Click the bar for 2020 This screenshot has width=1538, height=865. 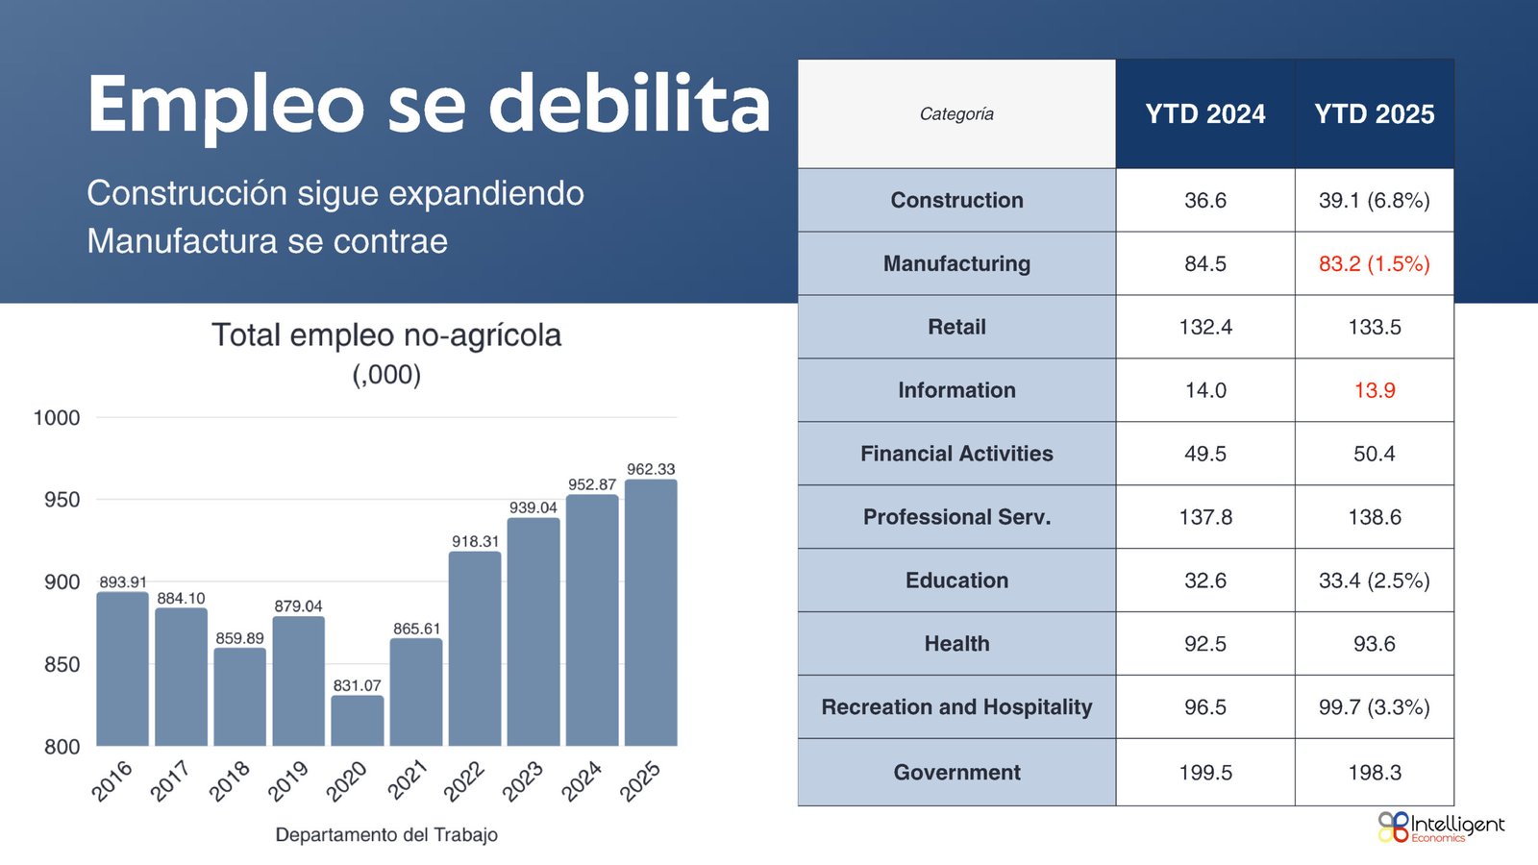[357, 721]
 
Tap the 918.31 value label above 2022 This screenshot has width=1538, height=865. [475, 541]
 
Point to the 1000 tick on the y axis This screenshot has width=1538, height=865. [57, 418]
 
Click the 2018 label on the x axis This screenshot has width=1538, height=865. [230, 780]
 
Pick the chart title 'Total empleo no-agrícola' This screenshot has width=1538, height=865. [386, 335]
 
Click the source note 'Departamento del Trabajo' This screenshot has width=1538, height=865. [386, 834]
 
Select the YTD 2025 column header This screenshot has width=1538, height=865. [1374, 114]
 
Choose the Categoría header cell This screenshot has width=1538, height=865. [956, 114]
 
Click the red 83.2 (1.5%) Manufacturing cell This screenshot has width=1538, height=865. [1374, 263]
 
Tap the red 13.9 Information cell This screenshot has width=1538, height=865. [1374, 390]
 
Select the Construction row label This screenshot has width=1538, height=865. [956, 200]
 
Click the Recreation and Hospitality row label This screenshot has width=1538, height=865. [956, 707]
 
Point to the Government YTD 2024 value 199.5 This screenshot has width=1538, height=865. [1205, 773]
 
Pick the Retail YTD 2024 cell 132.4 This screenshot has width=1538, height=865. [1205, 327]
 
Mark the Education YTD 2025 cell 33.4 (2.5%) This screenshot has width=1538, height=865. [1374, 581]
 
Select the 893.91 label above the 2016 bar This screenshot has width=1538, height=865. [123, 582]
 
